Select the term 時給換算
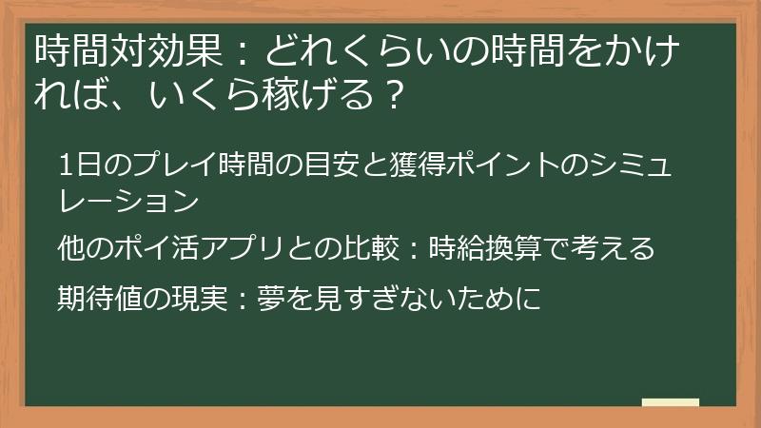click(488, 248)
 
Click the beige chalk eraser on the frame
click(670, 403)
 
